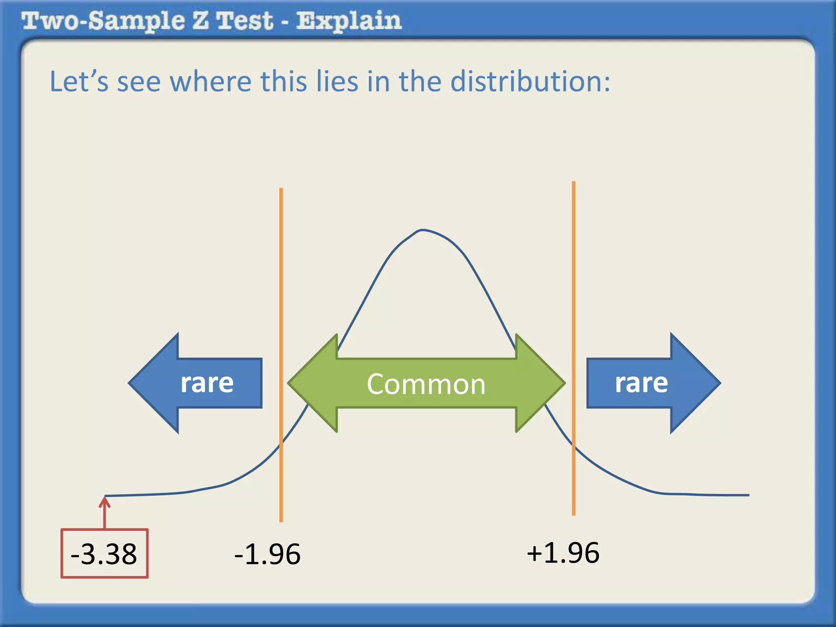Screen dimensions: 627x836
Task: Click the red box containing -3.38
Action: click(104, 553)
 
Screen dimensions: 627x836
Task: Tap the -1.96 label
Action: click(267, 554)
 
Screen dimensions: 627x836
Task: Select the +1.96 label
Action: click(563, 553)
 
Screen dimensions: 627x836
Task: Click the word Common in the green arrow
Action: click(426, 384)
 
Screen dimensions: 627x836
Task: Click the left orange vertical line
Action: click(281, 286)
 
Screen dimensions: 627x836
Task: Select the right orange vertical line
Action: click(574, 286)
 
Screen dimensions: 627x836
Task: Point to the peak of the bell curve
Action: click(422, 230)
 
